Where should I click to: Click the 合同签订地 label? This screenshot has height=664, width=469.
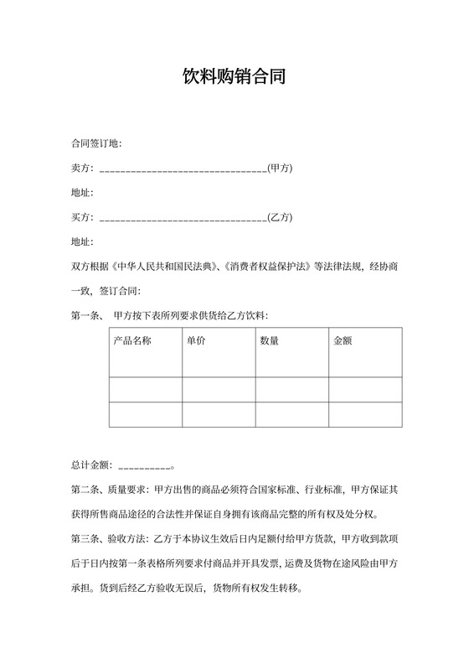point(95,143)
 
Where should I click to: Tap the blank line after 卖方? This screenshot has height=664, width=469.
point(183,169)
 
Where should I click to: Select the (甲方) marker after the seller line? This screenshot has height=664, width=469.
point(280,169)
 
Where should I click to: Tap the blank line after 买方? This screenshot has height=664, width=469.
point(183,217)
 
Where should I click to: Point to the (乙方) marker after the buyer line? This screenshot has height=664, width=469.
point(280,217)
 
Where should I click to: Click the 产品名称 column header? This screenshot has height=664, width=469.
point(131,341)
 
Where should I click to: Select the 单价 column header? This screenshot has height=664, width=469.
point(196,341)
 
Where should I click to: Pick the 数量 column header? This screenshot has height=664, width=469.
point(269,341)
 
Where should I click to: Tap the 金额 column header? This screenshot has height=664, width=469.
point(343,341)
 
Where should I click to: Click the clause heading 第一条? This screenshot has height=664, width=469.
point(85,315)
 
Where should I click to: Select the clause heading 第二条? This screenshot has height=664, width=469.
point(86,489)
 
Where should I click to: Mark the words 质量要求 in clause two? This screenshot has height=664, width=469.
point(126,489)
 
